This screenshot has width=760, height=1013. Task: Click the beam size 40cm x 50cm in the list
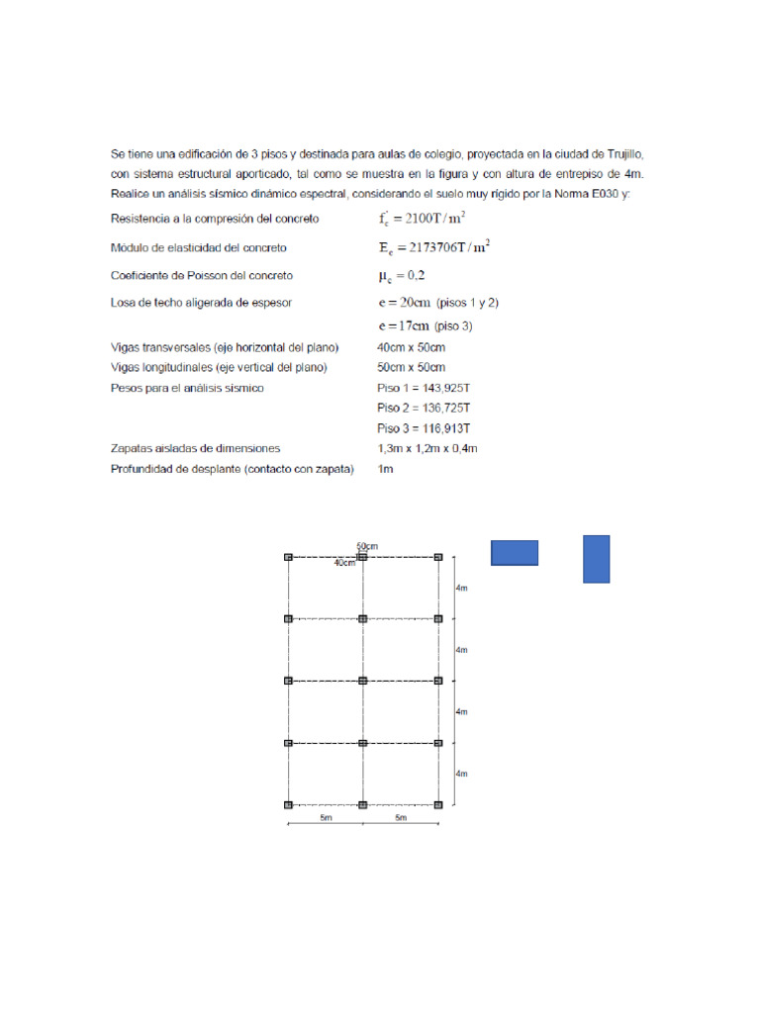411,347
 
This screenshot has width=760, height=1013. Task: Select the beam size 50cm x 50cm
411,367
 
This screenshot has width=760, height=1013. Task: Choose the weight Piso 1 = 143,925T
424,388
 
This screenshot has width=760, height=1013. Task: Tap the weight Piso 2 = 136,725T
424,408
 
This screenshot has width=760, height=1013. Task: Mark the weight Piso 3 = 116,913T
424,428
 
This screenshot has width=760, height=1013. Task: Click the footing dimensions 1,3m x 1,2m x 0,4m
427,448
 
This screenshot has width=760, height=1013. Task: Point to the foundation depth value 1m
385,469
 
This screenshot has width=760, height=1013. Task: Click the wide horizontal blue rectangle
515,553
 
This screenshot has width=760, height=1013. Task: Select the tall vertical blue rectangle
596,559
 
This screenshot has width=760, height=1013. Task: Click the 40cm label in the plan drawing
345,563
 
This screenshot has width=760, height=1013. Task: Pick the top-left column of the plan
288,558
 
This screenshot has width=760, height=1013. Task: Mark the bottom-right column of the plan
438,805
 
